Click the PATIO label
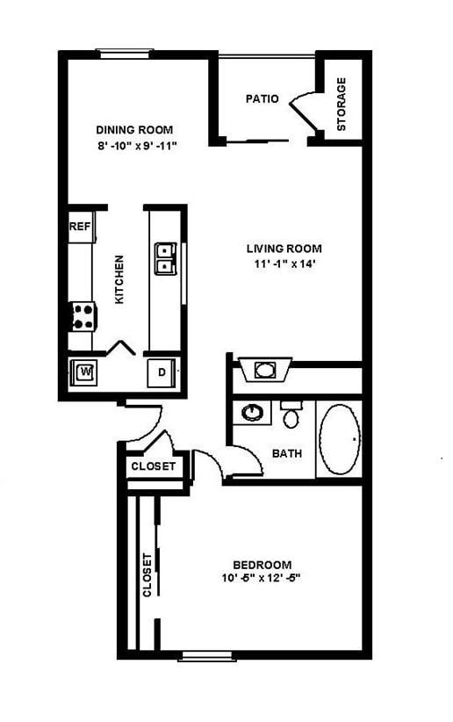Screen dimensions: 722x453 coord(262,98)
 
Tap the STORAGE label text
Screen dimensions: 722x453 coord(342,105)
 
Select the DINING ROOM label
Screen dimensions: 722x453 coord(134,130)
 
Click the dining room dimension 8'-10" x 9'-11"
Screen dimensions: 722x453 coord(138,146)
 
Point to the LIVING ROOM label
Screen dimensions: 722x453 coord(283,249)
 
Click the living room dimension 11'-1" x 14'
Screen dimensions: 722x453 coord(280,264)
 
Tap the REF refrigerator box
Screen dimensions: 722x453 coord(80,227)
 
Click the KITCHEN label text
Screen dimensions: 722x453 coord(119,279)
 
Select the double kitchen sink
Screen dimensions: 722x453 coord(166,258)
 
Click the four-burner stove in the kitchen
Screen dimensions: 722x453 coord(83,316)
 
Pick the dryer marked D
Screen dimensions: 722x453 coord(162,372)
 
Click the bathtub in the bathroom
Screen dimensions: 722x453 coord(339,438)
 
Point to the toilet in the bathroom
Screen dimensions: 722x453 coord(291,414)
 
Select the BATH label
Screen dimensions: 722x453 coord(287,454)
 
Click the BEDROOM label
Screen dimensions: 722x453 coord(262,564)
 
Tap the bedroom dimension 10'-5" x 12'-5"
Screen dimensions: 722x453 coord(262,579)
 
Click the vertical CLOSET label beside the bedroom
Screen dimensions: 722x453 coord(147,574)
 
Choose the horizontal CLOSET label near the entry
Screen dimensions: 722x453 coord(153,466)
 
